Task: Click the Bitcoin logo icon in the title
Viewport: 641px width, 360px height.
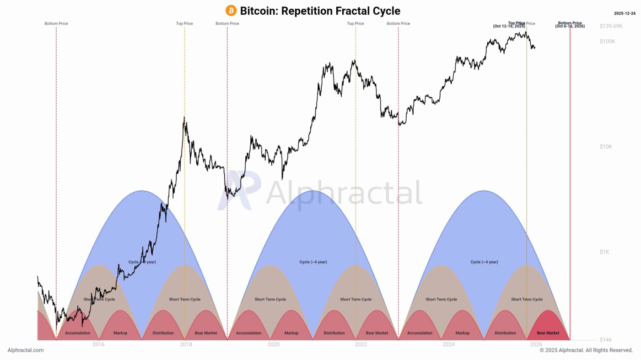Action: click(x=231, y=11)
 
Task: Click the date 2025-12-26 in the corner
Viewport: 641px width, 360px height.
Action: click(x=625, y=13)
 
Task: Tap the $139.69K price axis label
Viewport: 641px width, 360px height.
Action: click(x=611, y=26)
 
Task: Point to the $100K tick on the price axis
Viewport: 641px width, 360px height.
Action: click(x=608, y=42)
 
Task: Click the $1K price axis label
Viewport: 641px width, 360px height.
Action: click(x=606, y=252)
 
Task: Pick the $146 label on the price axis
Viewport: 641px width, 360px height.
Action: click(x=605, y=340)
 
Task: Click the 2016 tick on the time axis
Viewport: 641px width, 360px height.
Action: click(x=98, y=344)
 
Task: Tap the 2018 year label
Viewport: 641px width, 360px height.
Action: click(x=186, y=344)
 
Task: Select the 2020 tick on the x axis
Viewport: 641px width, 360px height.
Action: click(x=273, y=344)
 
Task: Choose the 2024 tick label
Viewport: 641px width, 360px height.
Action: click(x=448, y=344)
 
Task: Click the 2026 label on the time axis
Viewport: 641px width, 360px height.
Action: click(x=536, y=344)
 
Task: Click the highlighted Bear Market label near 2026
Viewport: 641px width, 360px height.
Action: click(x=548, y=333)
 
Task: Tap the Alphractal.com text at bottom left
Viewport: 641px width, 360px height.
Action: click(x=26, y=350)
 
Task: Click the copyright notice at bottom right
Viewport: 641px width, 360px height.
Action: click(x=586, y=350)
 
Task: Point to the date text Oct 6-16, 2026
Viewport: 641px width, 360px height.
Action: click(x=570, y=27)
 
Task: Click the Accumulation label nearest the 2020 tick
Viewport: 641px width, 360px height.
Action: click(x=248, y=333)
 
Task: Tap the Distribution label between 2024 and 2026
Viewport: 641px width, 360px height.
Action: click(x=505, y=333)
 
